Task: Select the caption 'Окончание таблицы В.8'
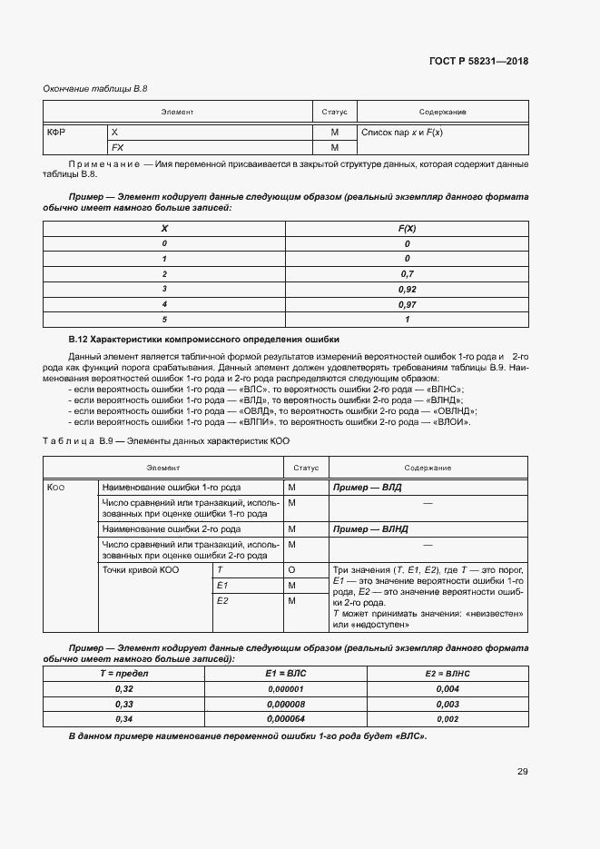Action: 95,89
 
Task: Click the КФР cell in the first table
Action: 56,133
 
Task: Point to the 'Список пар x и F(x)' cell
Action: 402,133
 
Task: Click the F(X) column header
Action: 407,228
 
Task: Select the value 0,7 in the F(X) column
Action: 407,273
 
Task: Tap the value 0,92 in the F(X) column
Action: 407,289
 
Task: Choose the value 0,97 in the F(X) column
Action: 407,304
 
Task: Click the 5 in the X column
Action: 164,320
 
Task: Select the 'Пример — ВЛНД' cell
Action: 370,528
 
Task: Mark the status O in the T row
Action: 292,569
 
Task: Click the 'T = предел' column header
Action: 123,673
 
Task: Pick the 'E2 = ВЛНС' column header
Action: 448,673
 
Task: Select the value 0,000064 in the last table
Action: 286,719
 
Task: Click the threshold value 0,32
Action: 123,688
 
